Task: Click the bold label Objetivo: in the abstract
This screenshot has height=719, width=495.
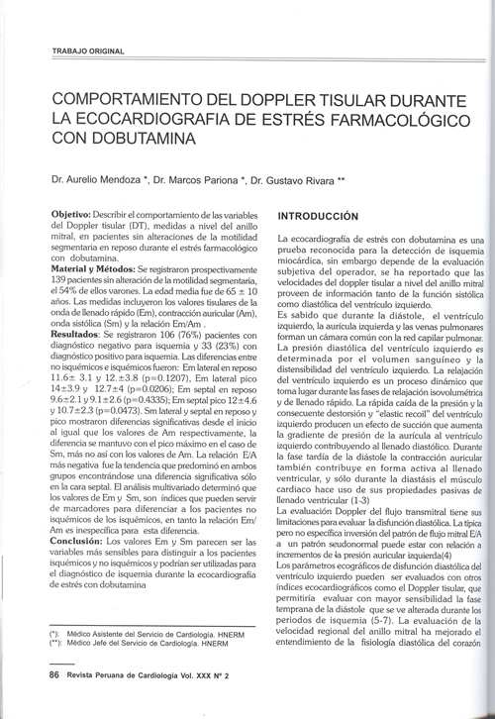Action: pyautogui.click(x=75, y=214)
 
